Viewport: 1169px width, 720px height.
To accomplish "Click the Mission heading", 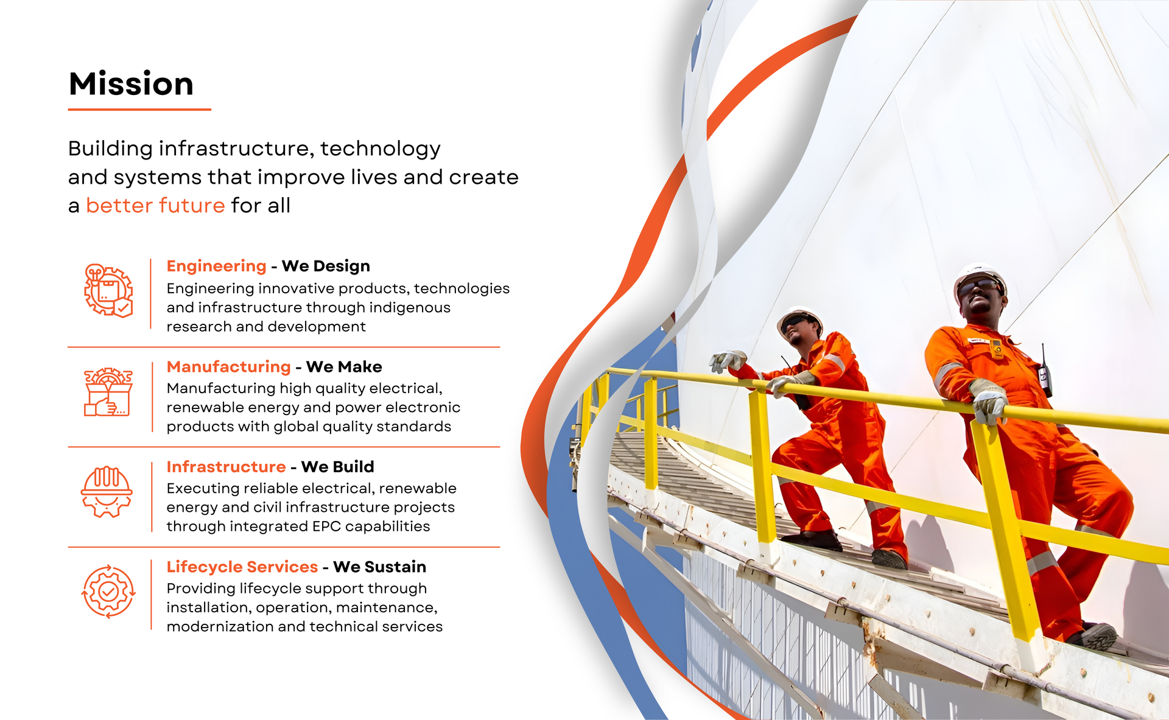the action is tap(131, 83).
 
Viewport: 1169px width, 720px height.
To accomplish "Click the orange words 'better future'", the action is tap(155, 206).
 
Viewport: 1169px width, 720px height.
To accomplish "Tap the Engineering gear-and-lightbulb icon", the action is tap(108, 291).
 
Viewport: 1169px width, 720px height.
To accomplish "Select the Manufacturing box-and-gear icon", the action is tap(108, 392).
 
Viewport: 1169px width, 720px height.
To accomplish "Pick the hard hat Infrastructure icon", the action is tap(107, 492).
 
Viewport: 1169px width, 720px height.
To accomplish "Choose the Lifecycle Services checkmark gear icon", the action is tap(108, 592).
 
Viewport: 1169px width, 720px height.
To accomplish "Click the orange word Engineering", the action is tap(217, 267).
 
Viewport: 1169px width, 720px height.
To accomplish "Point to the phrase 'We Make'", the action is tap(344, 367).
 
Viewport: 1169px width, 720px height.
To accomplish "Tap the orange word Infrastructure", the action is tap(226, 467).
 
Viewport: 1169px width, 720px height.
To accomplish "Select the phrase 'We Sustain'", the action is tap(379, 567).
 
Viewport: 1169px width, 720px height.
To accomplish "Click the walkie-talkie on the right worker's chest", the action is tap(1044, 371).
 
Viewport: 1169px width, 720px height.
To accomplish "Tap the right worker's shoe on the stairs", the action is tap(1094, 635).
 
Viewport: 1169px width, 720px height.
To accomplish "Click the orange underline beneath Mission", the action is tap(139, 110).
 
